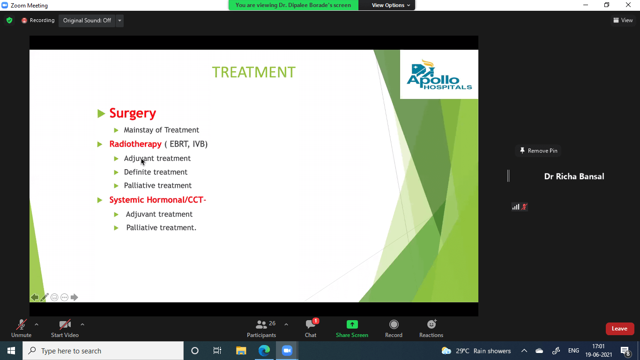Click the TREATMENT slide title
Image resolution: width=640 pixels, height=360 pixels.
254,72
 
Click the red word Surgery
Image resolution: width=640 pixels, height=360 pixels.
133,113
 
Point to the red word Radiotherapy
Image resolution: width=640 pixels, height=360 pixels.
135,144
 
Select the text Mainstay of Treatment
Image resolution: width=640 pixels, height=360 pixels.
162,130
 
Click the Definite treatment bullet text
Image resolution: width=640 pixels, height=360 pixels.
156,172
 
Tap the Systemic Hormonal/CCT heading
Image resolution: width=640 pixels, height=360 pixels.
158,200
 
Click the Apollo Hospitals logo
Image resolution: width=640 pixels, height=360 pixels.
439,75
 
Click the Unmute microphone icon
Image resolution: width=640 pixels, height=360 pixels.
21,324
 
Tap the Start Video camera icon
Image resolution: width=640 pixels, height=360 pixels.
65,324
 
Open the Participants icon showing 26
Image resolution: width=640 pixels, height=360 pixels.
261,324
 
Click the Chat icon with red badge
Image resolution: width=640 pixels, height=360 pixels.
311,324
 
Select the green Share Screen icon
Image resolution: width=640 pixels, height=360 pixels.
352,324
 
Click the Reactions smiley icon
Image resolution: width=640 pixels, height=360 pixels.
432,324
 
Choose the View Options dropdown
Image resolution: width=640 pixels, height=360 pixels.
391,5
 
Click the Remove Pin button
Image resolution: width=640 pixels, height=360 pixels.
538,150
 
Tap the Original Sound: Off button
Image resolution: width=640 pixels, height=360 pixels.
87,20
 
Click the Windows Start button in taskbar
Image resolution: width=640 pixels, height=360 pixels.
11,351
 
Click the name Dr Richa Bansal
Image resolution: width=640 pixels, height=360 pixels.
574,176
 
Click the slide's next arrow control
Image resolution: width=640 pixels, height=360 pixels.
74,297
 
